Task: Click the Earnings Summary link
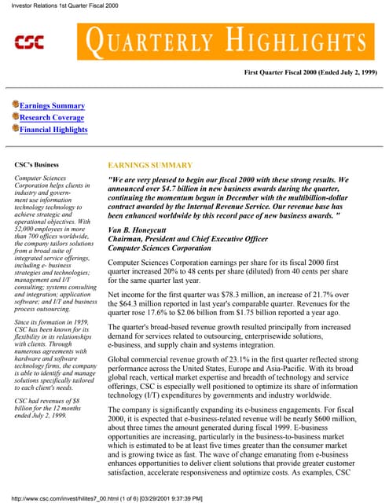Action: point(52,105)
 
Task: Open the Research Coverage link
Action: point(53,117)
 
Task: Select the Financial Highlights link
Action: point(53,130)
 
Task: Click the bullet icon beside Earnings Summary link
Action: point(14,105)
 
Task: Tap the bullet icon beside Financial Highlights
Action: point(14,130)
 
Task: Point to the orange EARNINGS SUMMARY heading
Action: point(149,165)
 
